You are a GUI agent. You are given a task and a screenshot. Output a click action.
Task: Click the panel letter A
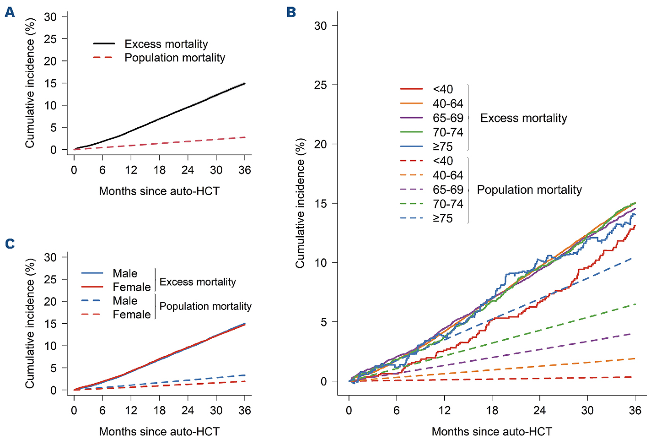pos(9,12)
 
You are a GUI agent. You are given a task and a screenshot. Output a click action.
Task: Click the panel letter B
pos(291,12)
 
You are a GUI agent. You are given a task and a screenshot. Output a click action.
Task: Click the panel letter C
pos(9,244)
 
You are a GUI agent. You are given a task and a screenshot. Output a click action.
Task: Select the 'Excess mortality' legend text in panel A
pos(166,44)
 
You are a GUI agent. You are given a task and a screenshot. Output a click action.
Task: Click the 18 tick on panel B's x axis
pos(492,410)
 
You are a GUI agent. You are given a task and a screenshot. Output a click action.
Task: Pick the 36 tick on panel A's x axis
pos(245,170)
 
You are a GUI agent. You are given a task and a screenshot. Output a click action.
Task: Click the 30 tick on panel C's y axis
pos(50,257)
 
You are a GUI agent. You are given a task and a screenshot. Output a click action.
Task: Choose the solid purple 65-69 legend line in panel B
pos(411,118)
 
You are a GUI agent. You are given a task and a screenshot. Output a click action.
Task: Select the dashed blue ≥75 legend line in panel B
pos(411,218)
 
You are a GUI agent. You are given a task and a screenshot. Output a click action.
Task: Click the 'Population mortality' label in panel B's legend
pos(529,190)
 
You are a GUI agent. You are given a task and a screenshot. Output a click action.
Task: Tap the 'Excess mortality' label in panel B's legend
pos(523,118)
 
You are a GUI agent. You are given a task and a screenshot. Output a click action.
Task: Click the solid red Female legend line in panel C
pos(92,287)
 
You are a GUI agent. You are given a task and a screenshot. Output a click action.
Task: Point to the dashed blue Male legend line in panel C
pos(92,300)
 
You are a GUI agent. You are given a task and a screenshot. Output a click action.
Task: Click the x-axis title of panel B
pos(492,431)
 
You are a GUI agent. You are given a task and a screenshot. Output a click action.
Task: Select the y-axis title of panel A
pos(30,83)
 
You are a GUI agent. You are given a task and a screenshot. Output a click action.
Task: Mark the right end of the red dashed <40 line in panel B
pos(631,377)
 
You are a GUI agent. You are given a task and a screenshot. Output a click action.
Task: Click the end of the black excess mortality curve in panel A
pos(245,84)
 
